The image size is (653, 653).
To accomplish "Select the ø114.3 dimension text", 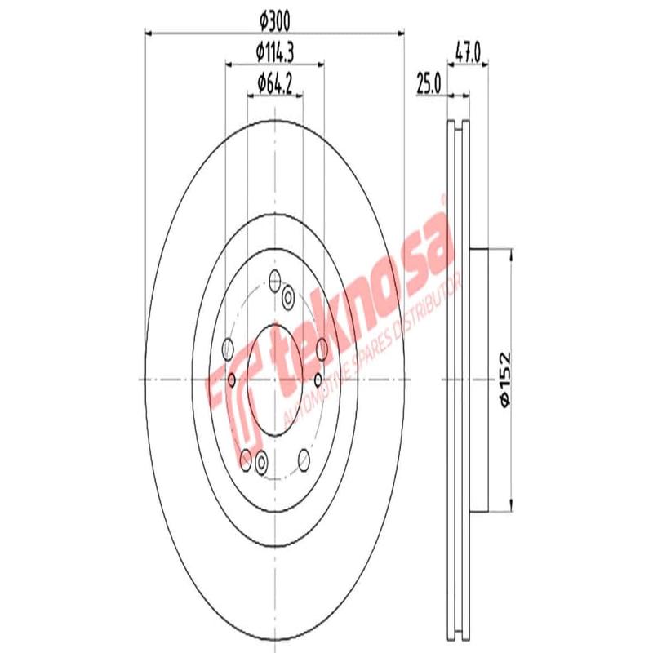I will [x=274, y=51].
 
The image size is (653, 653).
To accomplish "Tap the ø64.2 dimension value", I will [x=274, y=82].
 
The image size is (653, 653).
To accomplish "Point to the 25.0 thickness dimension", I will [x=429, y=82].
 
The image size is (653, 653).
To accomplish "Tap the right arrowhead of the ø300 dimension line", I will [x=400, y=33].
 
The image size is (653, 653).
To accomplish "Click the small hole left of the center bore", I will [x=233, y=379].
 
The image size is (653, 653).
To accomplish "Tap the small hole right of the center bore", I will [x=317, y=379].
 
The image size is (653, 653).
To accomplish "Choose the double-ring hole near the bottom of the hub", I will [x=261, y=463].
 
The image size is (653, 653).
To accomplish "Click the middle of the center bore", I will [x=274, y=379].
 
